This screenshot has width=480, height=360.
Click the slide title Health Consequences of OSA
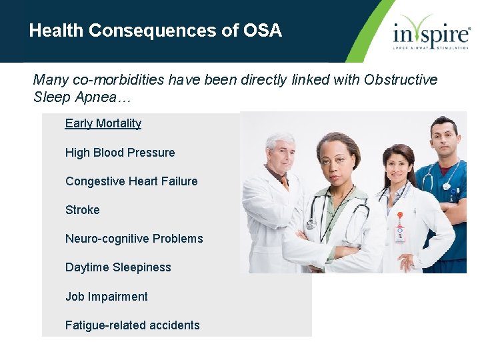(x=155, y=31)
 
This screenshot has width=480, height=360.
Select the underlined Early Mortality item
(x=103, y=123)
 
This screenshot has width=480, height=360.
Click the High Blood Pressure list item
(x=120, y=153)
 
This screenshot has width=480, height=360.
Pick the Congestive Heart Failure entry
(x=131, y=181)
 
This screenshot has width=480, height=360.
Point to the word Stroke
(x=83, y=210)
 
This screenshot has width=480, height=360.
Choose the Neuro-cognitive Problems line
(x=134, y=239)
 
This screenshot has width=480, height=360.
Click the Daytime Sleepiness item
(x=118, y=267)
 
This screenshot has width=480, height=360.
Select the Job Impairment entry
(x=107, y=297)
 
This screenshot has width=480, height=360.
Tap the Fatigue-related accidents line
(x=133, y=325)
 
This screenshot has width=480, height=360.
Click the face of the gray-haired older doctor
(x=280, y=151)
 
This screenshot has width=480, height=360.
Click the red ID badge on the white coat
(x=400, y=233)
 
